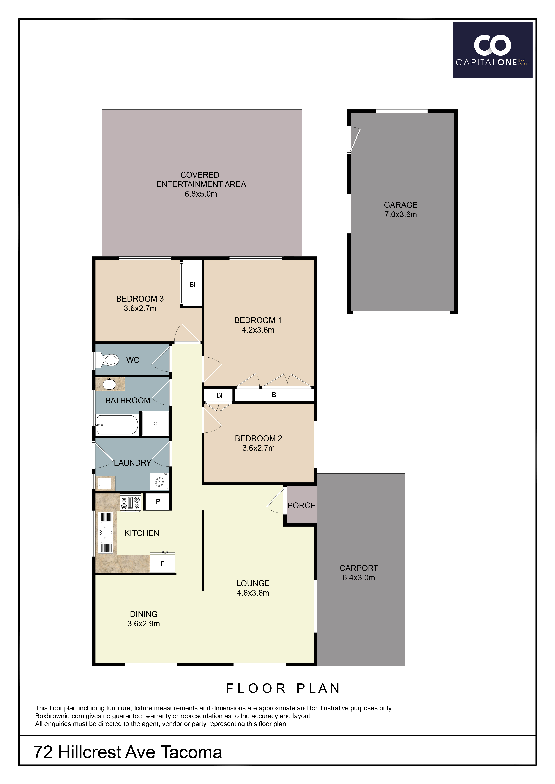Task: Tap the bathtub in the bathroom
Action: tap(117, 424)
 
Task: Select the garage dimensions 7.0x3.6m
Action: tap(400, 214)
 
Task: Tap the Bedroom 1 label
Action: tap(258, 320)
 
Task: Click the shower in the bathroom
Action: tap(155, 423)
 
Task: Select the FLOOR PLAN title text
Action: tap(283, 688)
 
